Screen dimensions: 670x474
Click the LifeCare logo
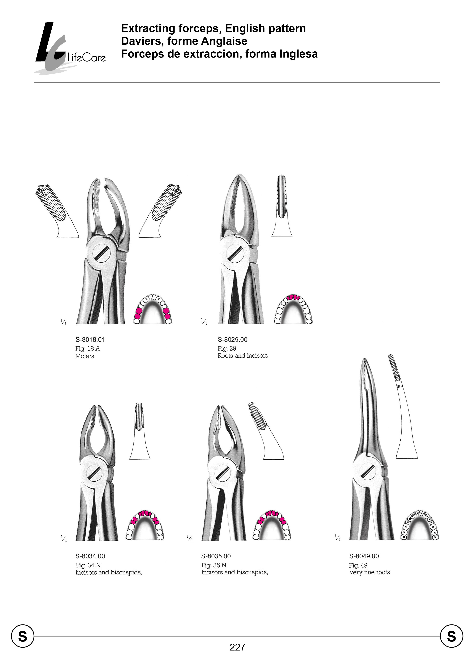click(x=70, y=48)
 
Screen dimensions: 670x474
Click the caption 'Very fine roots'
click(x=369, y=572)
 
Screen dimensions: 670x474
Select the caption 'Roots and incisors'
click(x=243, y=356)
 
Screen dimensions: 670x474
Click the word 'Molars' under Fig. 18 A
click(x=85, y=356)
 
